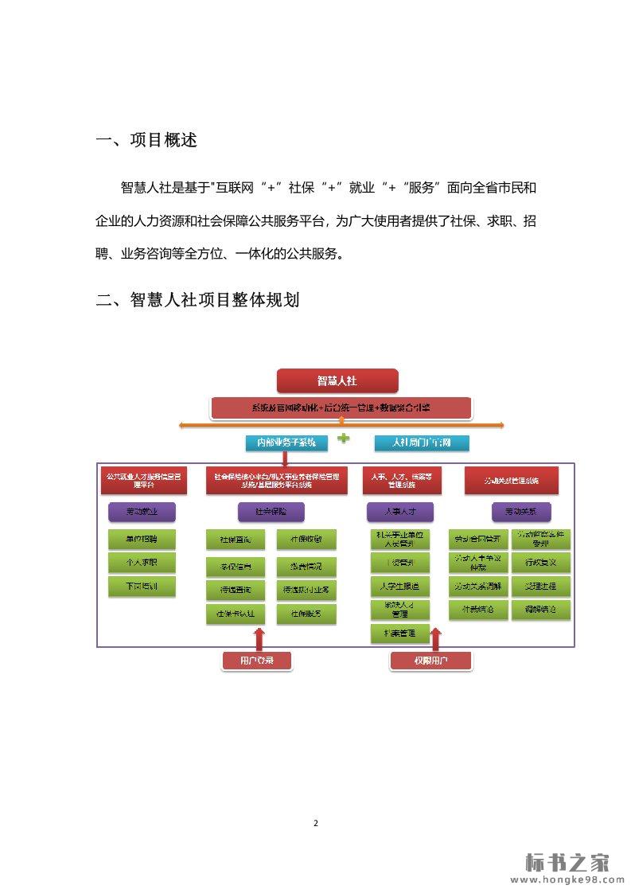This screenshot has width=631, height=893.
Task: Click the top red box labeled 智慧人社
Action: pos(337,380)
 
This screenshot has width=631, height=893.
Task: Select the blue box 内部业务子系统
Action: pos(280,443)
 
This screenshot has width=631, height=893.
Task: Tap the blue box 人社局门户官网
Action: pos(422,443)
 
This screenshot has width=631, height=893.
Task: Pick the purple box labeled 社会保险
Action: pos(271,510)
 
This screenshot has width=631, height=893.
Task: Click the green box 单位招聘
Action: pos(142,539)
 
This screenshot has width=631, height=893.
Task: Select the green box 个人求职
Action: pos(142,563)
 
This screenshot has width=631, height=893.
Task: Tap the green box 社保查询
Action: pos(236,540)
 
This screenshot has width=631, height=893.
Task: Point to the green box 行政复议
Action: pos(540,563)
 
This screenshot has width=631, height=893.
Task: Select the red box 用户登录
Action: pos(256,661)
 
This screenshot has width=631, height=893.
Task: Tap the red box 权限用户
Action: pos(430,661)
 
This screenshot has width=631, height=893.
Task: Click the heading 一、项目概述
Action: pos(146,141)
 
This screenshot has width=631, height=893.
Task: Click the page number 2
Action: pos(316,822)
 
